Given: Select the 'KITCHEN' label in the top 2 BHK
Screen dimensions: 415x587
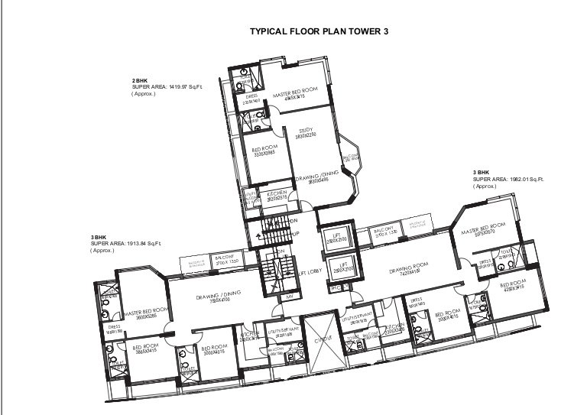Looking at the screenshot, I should click(x=277, y=194).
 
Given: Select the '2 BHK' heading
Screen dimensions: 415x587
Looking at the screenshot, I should click(x=139, y=80).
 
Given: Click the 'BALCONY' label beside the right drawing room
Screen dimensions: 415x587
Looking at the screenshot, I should click(x=384, y=229).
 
